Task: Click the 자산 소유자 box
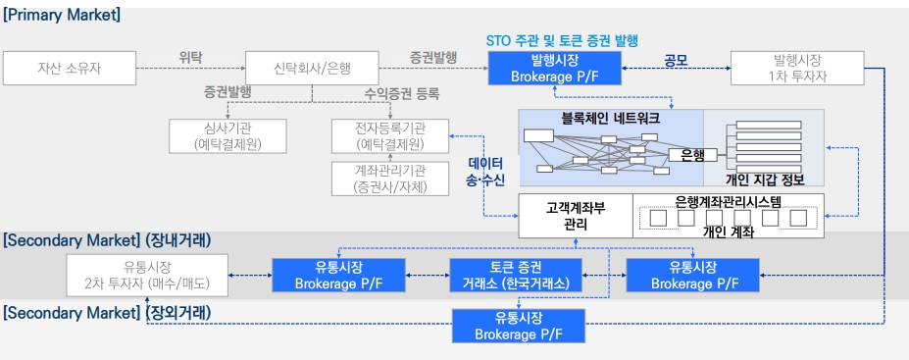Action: tap(70, 69)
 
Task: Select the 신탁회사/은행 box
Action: tap(312, 69)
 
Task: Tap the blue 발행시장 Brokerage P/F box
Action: tap(556, 69)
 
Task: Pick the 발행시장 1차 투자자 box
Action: tap(801, 69)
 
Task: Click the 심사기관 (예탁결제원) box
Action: tap(227, 136)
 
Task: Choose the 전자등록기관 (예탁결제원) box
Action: tap(389, 136)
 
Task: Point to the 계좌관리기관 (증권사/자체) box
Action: tap(389, 178)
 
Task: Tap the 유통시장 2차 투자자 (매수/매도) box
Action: tap(147, 275)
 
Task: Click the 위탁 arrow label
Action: tap(191, 56)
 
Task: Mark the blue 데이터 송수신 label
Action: tap(485, 172)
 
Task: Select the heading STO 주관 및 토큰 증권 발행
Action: tap(562, 40)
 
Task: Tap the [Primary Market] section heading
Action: tap(62, 16)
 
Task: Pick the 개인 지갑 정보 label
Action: tap(765, 180)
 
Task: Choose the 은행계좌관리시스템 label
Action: tap(729, 201)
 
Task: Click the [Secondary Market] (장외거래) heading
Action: tap(107, 313)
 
